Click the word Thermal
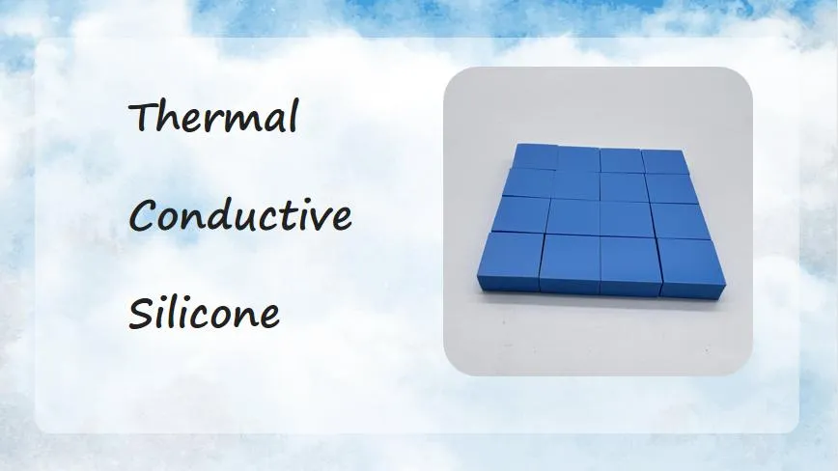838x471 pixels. pos(213,117)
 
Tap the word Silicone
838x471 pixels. pos(204,313)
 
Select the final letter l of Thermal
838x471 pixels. pos(293,117)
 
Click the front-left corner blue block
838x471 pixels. pos(510,262)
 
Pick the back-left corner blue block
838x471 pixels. pos(535,156)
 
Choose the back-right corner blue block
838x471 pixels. pos(665,162)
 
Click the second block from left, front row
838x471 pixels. pos(570,264)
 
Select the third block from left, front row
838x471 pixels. pos(630,266)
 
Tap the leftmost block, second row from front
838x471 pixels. pos(520,214)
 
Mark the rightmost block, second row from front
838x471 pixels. pos(681,221)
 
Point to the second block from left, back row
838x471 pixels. pos(578,159)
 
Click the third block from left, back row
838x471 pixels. pos(622,161)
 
